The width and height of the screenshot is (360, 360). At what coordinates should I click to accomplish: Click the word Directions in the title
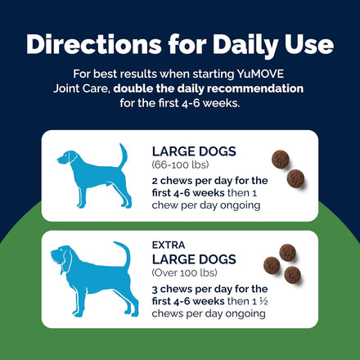pos(94,44)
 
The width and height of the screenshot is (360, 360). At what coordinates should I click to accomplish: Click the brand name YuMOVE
pos(260,74)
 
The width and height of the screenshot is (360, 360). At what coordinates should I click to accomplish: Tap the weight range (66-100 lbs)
pos(180,164)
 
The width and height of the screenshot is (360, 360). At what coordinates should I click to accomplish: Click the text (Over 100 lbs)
pos(185,272)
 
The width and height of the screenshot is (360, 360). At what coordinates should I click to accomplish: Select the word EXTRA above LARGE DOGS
pos(169,245)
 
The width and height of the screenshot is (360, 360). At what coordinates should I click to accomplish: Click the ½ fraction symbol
pos(263,301)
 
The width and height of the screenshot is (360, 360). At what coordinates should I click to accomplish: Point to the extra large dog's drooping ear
pos(66,261)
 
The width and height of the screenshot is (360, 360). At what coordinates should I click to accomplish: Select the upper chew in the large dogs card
pos(281,159)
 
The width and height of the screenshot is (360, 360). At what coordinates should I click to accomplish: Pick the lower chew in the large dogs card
pos(295,178)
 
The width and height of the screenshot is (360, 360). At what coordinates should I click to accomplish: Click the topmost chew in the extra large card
pos(287,253)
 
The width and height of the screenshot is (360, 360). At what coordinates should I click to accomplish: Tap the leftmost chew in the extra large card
pos(272,265)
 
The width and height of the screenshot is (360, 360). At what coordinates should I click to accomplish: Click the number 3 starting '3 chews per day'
pos(155,290)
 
